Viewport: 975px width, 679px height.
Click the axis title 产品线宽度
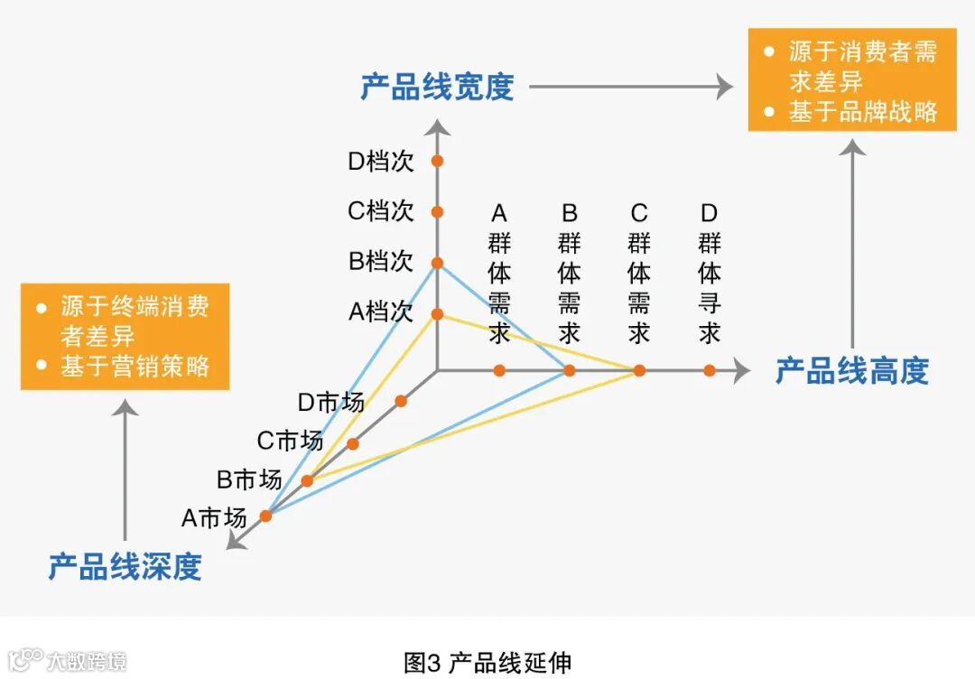[x=437, y=87]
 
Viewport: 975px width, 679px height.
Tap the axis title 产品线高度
[x=851, y=370]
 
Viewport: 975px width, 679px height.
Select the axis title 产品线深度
[x=125, y=567]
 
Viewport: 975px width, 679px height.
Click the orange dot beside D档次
[x=437, y=162]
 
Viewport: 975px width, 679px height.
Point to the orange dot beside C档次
[x=437, y=212]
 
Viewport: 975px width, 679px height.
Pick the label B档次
[x=381, y=262]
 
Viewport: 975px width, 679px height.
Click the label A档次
[x=381, y=312]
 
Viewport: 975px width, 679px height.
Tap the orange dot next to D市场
[x=401, y=401]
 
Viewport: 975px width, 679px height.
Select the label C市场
[x=290, y=441]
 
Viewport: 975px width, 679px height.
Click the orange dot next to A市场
[x=265, y=516]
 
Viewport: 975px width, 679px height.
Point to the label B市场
[x=249, y=479]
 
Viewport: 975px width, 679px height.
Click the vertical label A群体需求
[x=499, y=273]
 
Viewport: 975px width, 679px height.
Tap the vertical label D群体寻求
[x=710, y=273]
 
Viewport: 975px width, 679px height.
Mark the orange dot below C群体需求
[x=639, y=370]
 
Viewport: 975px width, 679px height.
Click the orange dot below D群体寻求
[x=710, y=370]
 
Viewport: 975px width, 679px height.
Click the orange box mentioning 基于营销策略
[x=125, y=336]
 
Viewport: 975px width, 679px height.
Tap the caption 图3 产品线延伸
[x=487, y=662]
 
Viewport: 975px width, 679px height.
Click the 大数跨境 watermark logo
[x=67, y=660]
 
